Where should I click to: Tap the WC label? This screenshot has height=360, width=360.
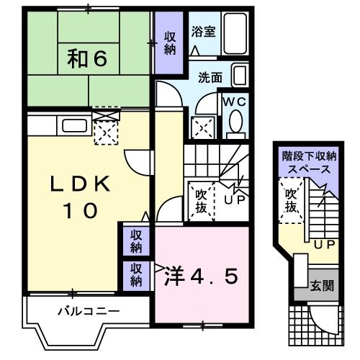point(235,102)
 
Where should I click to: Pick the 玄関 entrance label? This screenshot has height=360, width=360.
point(321,285)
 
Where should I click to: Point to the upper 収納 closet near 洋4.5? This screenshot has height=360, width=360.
point(136,240)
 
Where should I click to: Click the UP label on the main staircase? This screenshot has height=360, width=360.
point(232,199)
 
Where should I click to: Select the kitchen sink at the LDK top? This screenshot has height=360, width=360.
point(74,125)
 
